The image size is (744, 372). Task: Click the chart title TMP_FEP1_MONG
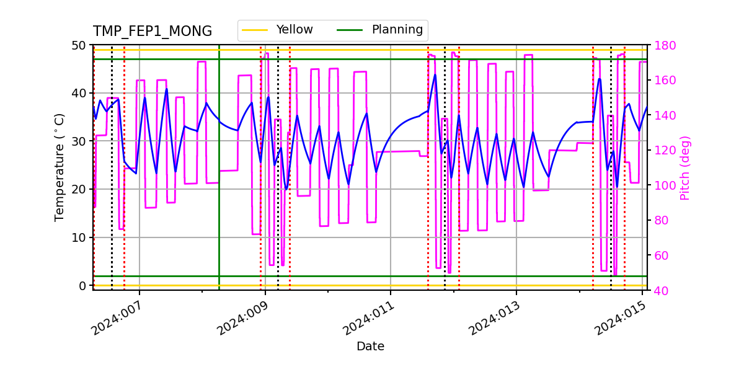click(153, 32)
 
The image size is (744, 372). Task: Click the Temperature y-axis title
click(60, 167)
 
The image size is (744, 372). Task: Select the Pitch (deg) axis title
click(685, 167)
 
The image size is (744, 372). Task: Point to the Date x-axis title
click(370, 347)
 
